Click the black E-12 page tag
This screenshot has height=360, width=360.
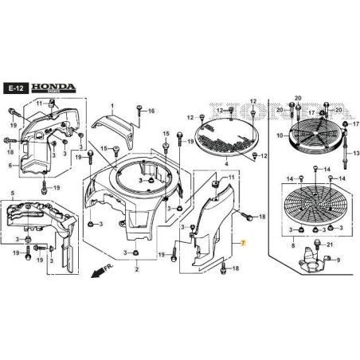click(x=14, y=88)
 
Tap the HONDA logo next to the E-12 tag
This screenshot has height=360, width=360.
click(x=46, y=87)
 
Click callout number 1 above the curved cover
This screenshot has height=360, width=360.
click(x=113, y=105)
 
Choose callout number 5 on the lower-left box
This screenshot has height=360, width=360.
click(x=11, y=193)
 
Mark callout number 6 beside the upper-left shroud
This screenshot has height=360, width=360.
click(x=10, y=166)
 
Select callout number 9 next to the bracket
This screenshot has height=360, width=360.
click(x=338, y=260)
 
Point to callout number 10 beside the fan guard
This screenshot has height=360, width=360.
click(x=280, y=136)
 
